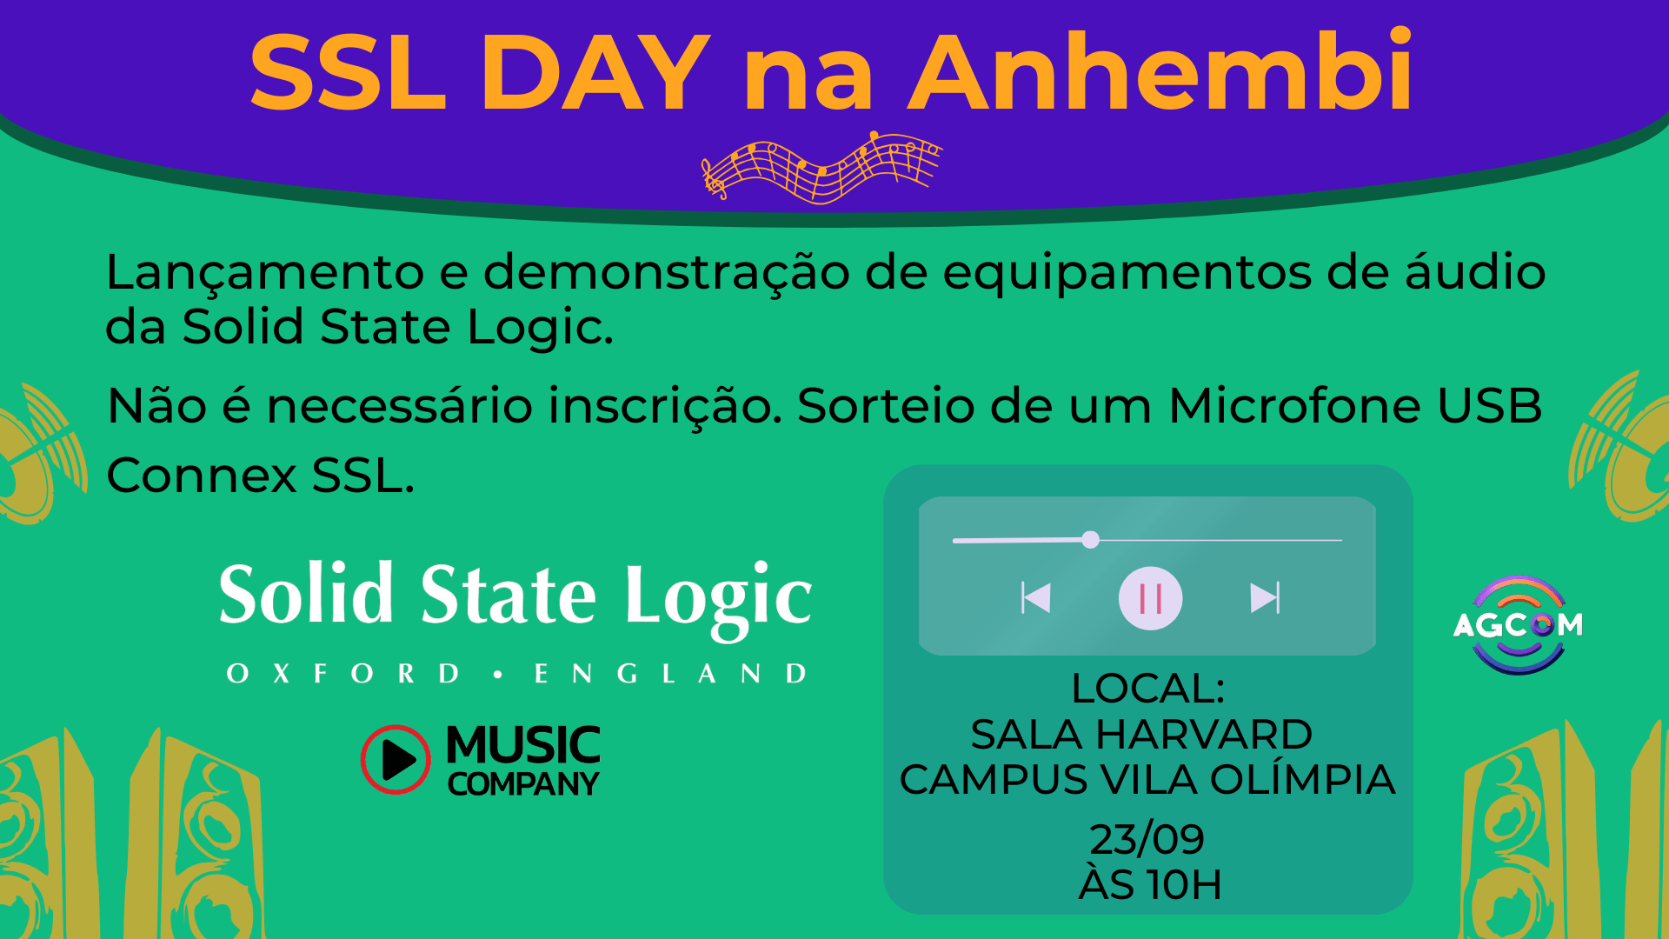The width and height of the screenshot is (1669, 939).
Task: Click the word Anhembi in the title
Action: click(x=1160, y=73)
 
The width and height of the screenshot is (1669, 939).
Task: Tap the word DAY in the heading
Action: click(x=595, y=75)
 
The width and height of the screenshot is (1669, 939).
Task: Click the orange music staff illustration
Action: click(x=821, y=167)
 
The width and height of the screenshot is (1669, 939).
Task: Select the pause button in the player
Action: click(x=1150, y=598)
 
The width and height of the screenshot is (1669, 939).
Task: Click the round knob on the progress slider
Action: click(x=1090, y=540)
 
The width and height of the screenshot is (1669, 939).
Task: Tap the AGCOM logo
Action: click(x=1518, y=624)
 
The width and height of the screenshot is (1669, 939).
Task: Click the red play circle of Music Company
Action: click(x=396, y=759)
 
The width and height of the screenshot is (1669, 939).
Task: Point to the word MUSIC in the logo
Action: click(x=522, y=746)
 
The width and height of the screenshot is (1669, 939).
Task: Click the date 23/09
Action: click(x=1147, y=839)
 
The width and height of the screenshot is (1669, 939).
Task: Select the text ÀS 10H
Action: click(x=1149, y=885)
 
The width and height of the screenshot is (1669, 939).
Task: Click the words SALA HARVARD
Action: click(x=1140, y=735)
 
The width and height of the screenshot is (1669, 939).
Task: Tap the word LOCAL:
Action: click(x=1147, y=689)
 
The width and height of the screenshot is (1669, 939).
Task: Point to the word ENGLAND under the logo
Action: click(x=670, y=674)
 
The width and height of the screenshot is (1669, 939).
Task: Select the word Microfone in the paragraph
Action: click(x=1294, y=406)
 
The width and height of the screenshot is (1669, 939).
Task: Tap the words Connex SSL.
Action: click(x=260, y=476)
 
